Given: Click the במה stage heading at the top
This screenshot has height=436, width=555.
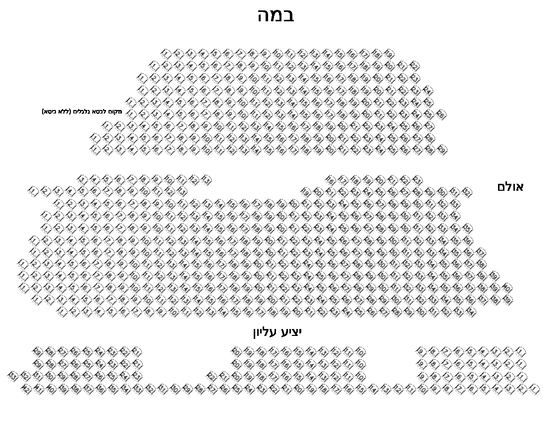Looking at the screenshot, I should (276, 15).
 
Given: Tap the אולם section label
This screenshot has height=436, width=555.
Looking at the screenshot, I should (510, 187).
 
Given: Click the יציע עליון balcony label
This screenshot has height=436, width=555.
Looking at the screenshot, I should (277, 332).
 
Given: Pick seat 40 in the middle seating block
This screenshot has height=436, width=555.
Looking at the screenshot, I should (506, 287).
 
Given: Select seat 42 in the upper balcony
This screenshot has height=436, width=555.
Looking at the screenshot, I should (26, 389).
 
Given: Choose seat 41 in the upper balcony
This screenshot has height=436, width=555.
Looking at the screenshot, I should (39, 389).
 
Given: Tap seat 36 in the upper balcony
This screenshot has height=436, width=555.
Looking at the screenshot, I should (101, 389).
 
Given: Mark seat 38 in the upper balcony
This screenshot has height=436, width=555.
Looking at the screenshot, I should (76, 389).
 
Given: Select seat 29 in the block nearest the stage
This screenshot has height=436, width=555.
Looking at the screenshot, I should (442, 149).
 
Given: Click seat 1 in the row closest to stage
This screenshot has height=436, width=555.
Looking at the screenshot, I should (166, 54).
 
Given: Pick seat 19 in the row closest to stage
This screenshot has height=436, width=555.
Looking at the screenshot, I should (389, 54).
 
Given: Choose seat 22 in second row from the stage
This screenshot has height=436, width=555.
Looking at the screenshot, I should (414, 65).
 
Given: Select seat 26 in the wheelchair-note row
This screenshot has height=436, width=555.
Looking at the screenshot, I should (441, 113).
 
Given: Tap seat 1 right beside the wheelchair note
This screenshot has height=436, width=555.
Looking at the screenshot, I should (130, 113).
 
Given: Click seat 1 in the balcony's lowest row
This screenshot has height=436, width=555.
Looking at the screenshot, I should (534, 389).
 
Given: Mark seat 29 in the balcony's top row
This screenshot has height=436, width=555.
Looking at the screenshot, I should (38, 352).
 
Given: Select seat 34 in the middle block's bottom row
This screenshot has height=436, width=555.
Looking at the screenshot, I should (470, 312).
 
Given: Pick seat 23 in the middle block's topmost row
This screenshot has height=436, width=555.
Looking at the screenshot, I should (417, 179).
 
